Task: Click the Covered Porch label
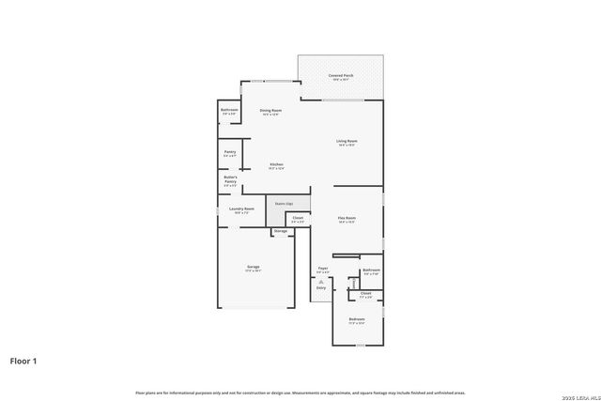tap(341, 75)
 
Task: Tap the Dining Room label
tap(271, 110)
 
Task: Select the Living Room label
tap(347, 141)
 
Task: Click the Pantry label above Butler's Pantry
tap(230, 151)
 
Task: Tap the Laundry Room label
tap(242, 208)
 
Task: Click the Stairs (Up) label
tap(284, 203)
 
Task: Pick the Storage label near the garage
tap(281, 230)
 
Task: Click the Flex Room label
tap(347, 218)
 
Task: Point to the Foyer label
tap(322, 269)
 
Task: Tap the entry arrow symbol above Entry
tap(321, 281)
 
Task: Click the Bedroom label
tap(357, 319)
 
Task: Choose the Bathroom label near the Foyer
tap(371, 270)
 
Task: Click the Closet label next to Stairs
tap(298, 218)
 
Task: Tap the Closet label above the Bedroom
tap(365, 294)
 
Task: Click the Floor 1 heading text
tap(24, 360)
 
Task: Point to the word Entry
tap(321, 288)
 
